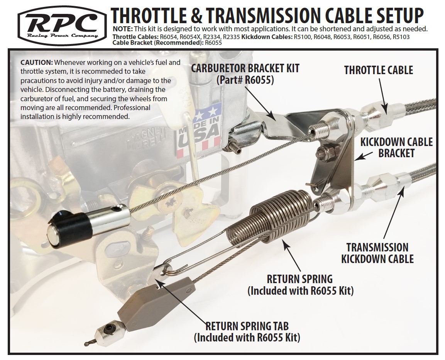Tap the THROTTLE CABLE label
click(379, 70)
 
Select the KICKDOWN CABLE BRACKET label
click(396, 148)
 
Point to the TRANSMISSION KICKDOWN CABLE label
click(377, 253)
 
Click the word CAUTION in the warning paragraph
click(37, 63)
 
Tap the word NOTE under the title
click(123, 29)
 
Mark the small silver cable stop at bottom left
click(110, 332)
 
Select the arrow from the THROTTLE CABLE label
click(383, 96)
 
